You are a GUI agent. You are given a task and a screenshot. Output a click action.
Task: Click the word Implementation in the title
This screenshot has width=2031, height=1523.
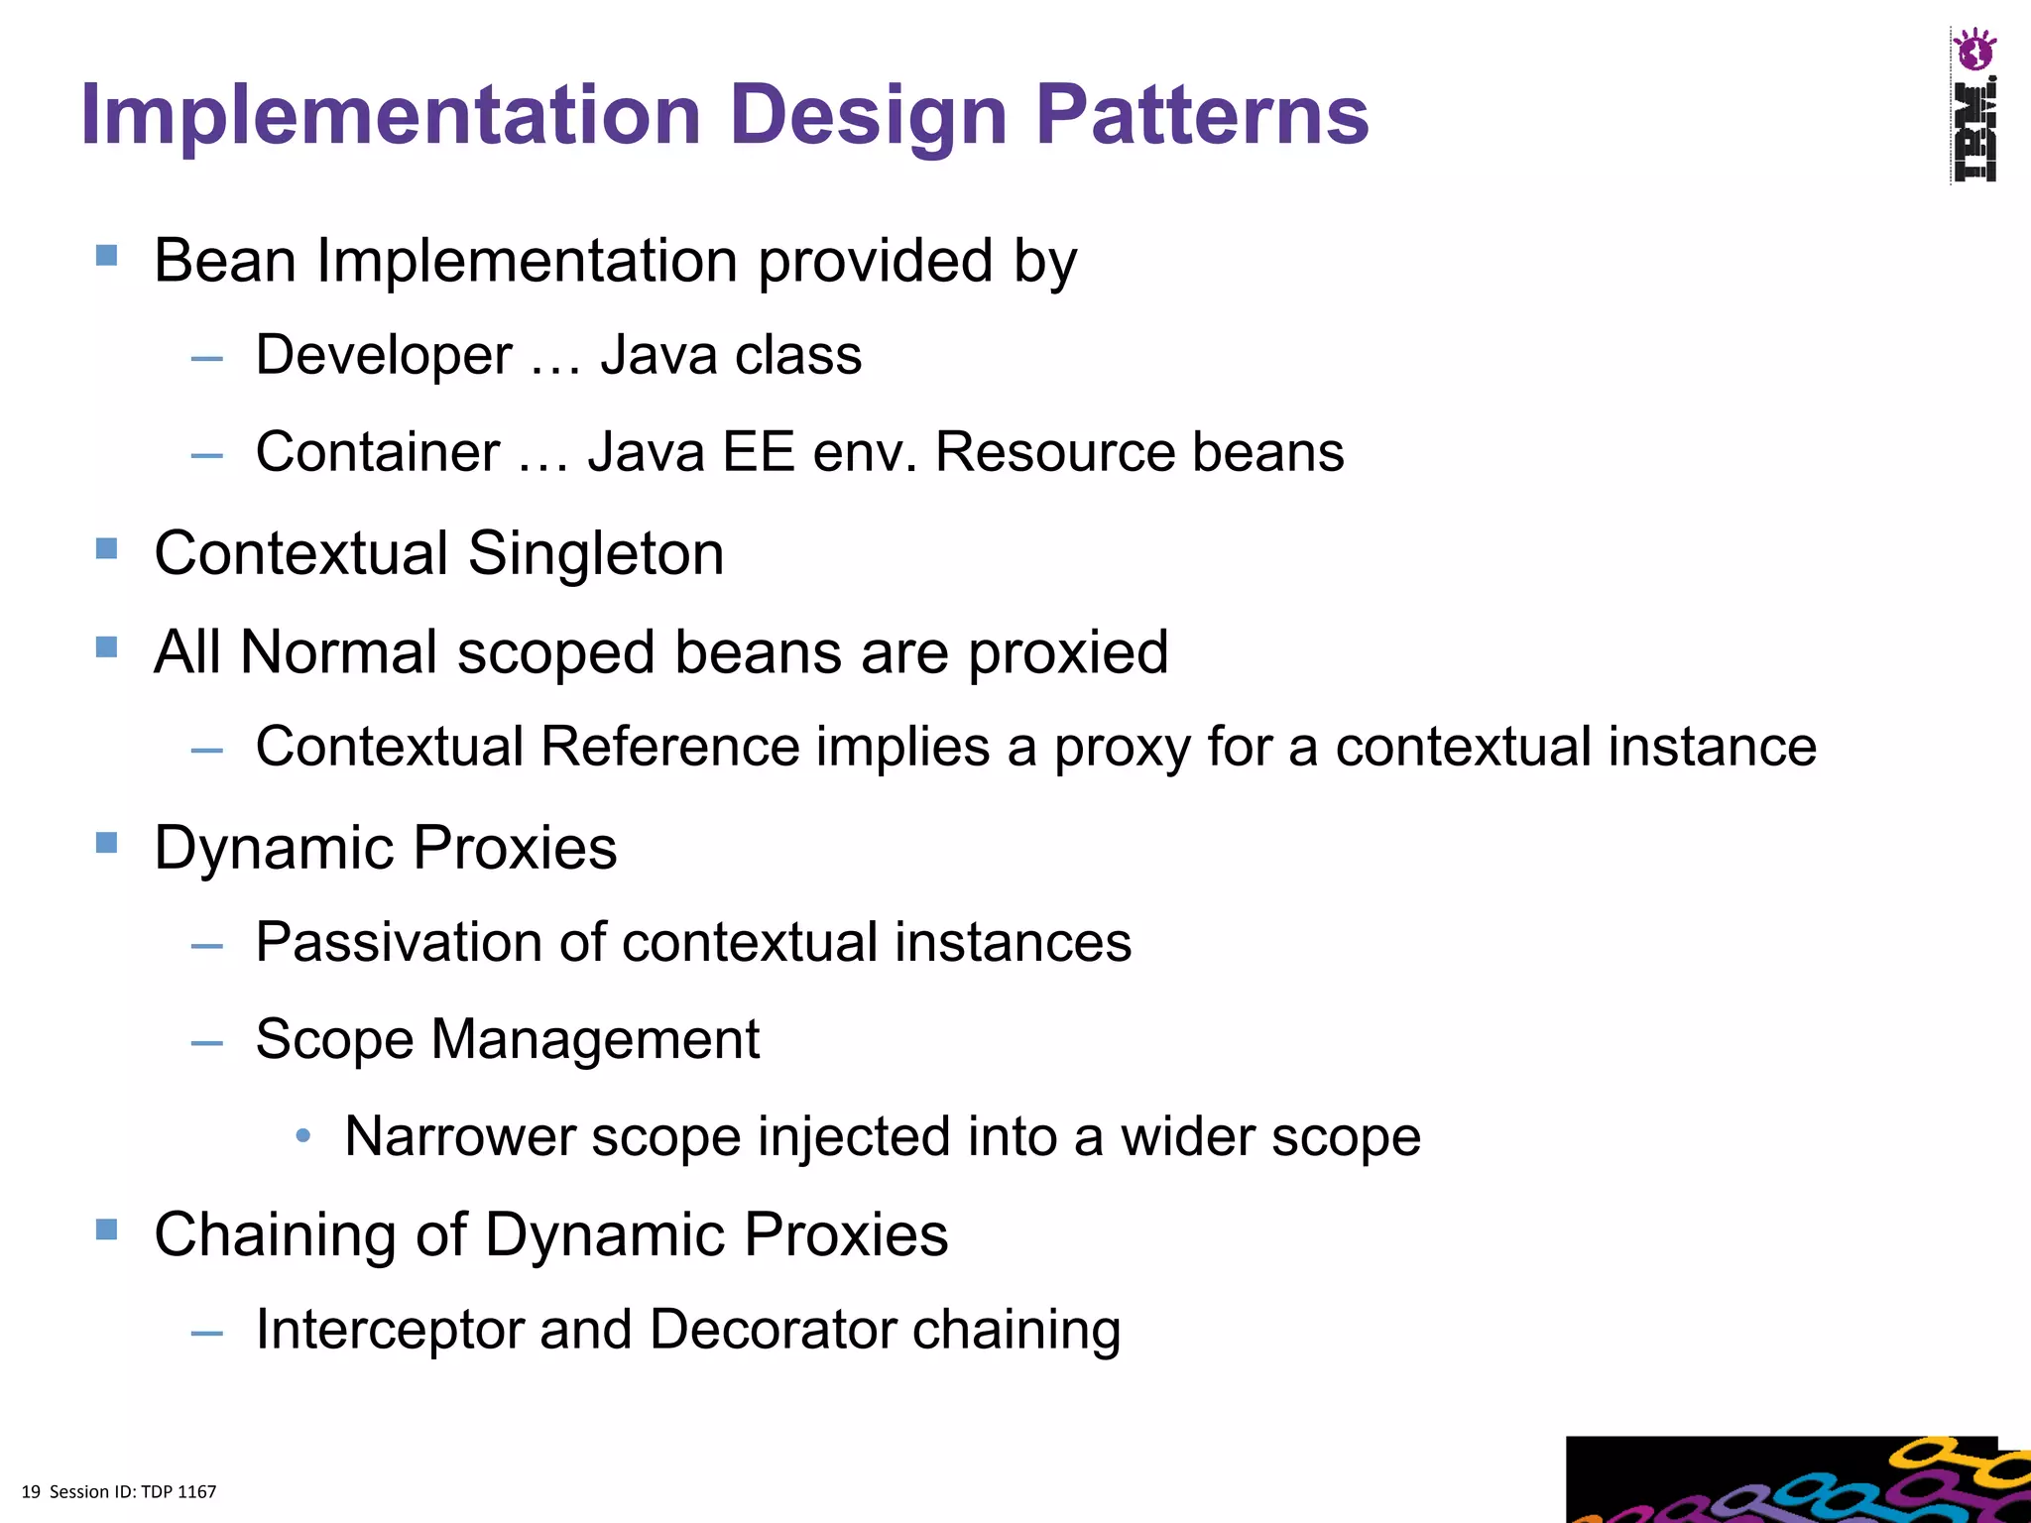tap(392, 115)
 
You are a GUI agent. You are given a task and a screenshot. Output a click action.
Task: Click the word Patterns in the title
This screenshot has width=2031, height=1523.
tap(1201, 115)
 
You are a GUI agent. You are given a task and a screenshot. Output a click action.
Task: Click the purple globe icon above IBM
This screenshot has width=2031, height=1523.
tap(1973, 50)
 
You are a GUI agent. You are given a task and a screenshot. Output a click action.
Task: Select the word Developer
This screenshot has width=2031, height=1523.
tap(384, 355)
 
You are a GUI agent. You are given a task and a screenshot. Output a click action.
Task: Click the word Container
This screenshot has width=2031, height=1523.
tap(377, 452)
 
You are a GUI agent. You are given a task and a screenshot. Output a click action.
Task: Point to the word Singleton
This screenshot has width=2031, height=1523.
tap(595, 553)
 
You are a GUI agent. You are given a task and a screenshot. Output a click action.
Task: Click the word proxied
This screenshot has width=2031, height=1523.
tap(1068, 652)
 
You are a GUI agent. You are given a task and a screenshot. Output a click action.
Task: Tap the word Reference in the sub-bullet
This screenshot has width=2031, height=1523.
tap(669, 746)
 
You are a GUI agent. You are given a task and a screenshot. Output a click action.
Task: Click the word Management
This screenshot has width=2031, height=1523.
tap(595, 1039)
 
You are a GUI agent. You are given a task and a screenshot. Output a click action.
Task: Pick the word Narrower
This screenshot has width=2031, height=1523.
tap(459, 1136)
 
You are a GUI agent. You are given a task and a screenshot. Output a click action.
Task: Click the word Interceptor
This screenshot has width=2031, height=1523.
tap(389, 1329)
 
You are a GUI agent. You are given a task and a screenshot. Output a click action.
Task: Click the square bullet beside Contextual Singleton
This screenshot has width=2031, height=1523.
tap(107, 548)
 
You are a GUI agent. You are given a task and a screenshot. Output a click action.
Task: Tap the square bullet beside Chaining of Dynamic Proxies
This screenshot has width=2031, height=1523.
tap(107, 1230)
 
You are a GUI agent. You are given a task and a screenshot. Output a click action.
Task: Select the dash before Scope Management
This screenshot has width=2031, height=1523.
tap(207, 1042)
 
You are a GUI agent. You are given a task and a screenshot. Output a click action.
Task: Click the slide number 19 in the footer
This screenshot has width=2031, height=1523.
tap(31, 1492)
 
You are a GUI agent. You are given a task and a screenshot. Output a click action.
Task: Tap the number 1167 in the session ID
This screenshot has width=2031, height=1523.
tap(196, 1492)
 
